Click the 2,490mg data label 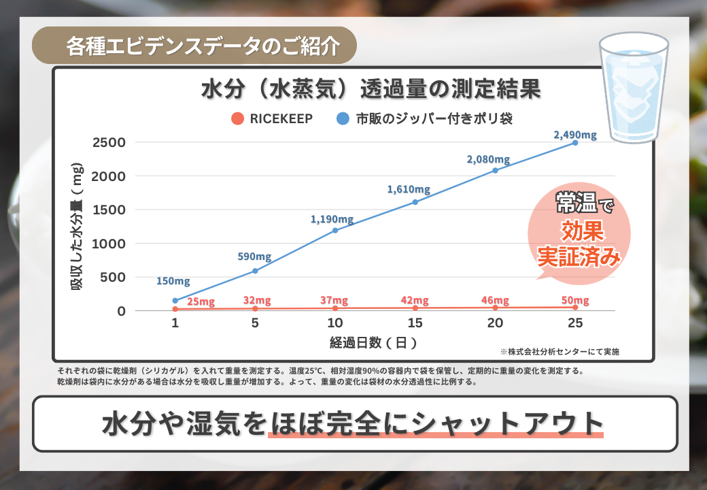(575, 135)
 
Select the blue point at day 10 (335, 231)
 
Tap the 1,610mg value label (409, 189)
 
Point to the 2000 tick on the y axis (112, 176)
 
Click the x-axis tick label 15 (415, 324)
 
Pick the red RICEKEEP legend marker (237, 118)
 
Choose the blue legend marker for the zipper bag (343, 118)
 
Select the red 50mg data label (575, 301)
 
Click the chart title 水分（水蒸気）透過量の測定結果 (371, 90)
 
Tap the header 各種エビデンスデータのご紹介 (203, 46)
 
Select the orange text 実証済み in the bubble (579, 258)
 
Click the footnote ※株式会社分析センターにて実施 (559, 352)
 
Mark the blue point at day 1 (175, 300)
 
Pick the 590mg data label (254, 257)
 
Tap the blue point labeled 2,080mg (495, 170)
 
